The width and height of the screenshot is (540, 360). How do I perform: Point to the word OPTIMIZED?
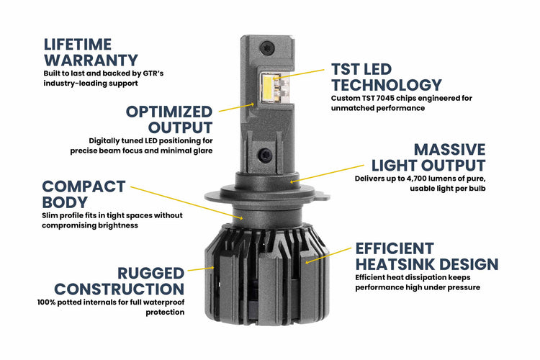click(x=169, y=112)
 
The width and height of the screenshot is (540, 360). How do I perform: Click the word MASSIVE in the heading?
click(x=449, y=150)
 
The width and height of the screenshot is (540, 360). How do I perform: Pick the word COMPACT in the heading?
click(x=84, y=186)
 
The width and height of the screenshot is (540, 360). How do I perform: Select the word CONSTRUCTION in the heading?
click(x=120, y=289)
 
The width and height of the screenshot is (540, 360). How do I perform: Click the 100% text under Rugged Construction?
click(x=49, y=302)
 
